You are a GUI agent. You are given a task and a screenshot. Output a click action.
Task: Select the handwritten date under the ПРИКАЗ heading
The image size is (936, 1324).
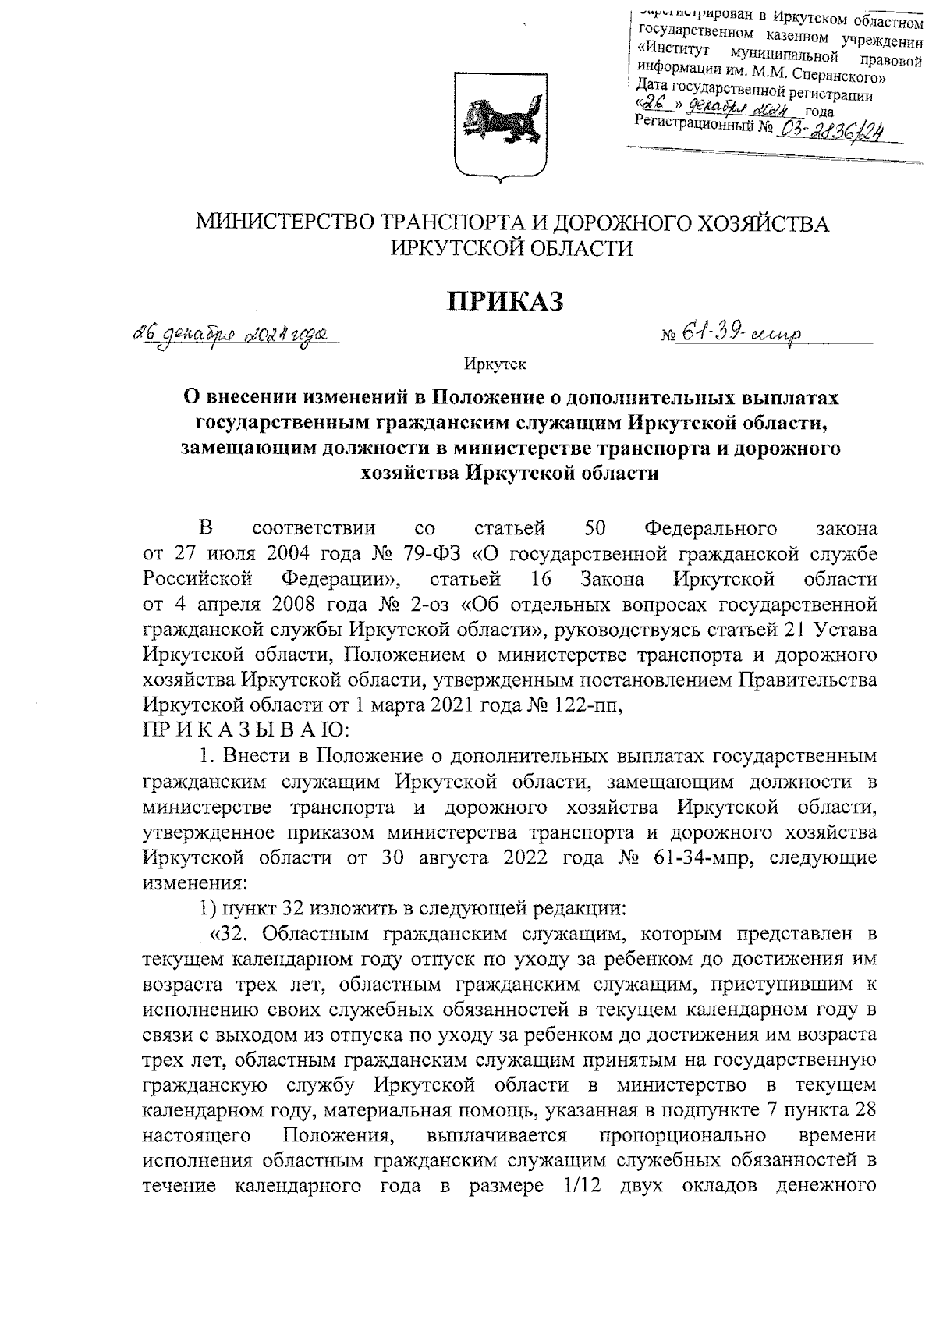(228, 335)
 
